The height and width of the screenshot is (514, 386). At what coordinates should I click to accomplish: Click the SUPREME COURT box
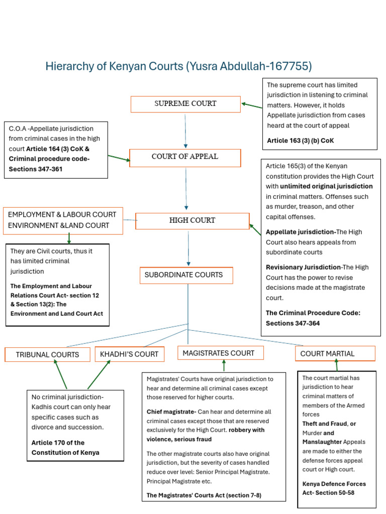(185, 104)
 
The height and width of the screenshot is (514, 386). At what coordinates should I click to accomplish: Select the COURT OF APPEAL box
(185, 157)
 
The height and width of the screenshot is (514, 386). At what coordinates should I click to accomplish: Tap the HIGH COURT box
(192, 221)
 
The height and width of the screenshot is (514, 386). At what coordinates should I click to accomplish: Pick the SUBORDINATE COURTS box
(186, 275)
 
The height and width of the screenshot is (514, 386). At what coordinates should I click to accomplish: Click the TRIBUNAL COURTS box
(47, 354)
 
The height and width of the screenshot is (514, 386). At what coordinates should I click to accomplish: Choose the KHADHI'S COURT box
(129, 354)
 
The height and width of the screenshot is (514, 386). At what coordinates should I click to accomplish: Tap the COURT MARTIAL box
(335, 354)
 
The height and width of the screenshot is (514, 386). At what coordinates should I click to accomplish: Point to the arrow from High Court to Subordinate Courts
(188, 248)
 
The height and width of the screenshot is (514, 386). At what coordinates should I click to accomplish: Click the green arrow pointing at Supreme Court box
(252, 105)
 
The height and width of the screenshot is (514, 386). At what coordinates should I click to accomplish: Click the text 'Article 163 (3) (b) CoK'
(300, 141)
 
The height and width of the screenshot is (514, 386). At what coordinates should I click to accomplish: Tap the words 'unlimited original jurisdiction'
(326, 186)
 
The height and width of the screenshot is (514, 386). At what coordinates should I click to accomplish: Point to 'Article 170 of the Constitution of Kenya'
(65, 448)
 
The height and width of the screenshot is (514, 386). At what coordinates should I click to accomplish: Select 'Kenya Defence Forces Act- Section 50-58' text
(334, 488)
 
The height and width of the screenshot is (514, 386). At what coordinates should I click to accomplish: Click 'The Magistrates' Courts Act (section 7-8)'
(204, 496)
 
